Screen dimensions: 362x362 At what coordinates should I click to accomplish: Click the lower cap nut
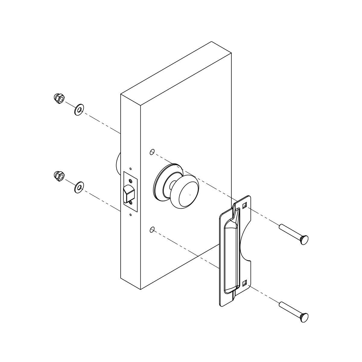point(59,175)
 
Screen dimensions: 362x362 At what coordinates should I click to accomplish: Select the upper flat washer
point(79,110)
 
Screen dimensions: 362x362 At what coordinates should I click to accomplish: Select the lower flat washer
point(79,188)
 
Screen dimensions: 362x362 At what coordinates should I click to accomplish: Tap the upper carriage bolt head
point(304,240)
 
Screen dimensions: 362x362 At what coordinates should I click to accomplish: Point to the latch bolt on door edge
point(128,193)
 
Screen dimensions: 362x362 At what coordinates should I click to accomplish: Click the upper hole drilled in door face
point(152,152)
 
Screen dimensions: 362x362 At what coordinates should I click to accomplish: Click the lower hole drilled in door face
point(152,230)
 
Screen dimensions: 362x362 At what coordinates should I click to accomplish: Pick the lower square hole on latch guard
point(245,283)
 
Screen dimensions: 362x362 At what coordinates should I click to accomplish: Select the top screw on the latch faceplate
point(130,181)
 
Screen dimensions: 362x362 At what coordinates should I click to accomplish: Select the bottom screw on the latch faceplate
point(130,203)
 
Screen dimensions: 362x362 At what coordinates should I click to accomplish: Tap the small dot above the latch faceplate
point(130,169)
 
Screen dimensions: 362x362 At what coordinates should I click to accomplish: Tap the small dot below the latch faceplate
point(130,215)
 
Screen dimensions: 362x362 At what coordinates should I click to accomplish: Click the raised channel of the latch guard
point(231,256)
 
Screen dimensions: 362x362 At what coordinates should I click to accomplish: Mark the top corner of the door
point(211,42)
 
